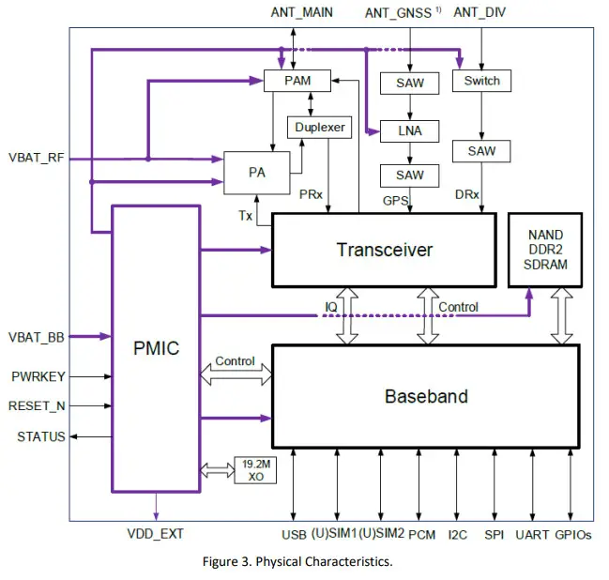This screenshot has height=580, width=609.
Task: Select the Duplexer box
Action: (x=319, y=127)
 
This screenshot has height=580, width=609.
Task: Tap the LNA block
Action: (x=409, y=130)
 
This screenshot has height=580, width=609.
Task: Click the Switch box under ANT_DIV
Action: (x=481, y=82)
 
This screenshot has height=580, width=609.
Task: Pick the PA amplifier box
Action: (x=256, y=173)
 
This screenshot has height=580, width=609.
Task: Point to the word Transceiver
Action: (x=385, y=250)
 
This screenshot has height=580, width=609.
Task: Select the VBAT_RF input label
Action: (x=36, y=158)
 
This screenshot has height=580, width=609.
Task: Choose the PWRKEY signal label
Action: (x=38, y=376)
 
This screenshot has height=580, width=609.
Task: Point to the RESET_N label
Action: (x=38, y=406)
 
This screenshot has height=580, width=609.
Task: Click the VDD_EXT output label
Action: (x=155, y=534)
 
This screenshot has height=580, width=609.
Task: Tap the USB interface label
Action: (x=294, y=535)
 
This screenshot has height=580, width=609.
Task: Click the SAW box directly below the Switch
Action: (x=481, y=150)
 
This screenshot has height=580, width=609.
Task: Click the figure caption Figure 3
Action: (x=297, y=562)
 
